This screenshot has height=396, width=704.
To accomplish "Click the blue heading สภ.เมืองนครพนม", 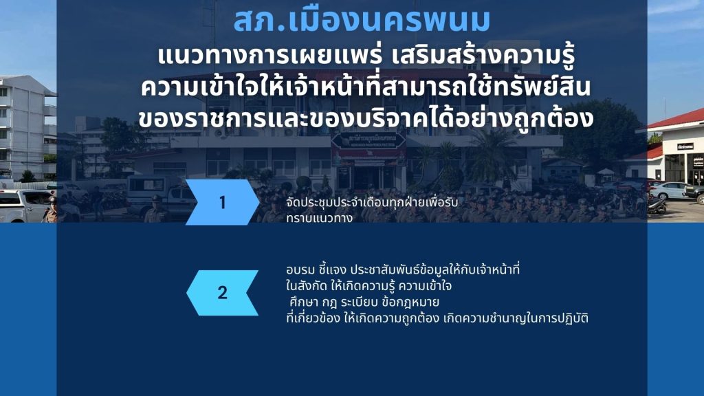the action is [x=362, y=21].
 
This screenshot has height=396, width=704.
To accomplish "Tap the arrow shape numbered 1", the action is [x=222, y=202].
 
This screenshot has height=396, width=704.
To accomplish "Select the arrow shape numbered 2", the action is [x=222, y=293].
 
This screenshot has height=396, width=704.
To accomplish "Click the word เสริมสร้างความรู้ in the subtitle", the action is [x=483, y=56].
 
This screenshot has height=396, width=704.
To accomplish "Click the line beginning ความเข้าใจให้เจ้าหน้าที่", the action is [x=366, y=87].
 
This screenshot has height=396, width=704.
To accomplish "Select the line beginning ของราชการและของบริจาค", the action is [x=366, y=118].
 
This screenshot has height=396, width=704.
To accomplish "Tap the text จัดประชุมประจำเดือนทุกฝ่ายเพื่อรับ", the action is [x=372, y=203].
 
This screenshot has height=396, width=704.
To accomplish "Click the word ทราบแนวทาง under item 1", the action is [x=319, y=218].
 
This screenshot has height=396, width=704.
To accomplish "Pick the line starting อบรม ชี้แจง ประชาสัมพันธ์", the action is [x=403, y=269].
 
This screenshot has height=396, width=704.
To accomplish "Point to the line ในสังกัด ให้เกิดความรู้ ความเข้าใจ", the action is [x=368, y=285].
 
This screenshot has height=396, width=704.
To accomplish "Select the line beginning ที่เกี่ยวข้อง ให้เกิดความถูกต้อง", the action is [x=437, y=318].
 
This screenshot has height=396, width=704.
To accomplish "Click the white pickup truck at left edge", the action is [x=25, y=206].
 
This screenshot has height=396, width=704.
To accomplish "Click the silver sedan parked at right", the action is [x=670, y=191].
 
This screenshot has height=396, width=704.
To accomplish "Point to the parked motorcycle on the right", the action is [x=657, y=205].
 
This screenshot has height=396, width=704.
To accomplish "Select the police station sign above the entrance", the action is [x=368, y=140].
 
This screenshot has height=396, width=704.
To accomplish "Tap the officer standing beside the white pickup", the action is [x=52, y=210].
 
